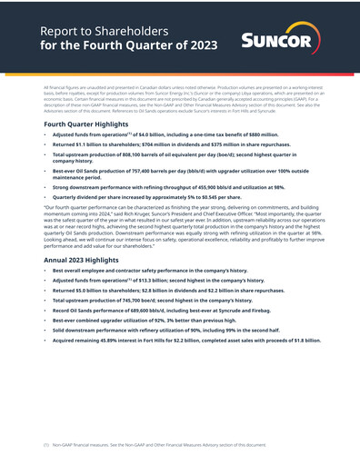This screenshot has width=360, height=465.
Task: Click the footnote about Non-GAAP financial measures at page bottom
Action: pyautogui.click(x=155, y=446)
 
